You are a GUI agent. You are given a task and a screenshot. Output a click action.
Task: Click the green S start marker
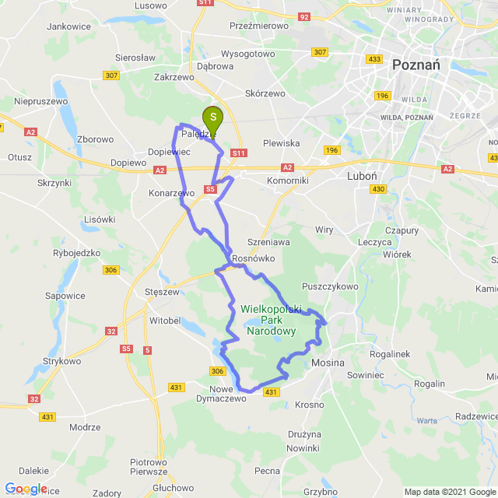(x=212, y=117)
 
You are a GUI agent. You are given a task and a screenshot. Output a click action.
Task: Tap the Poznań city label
(x=416, y=65)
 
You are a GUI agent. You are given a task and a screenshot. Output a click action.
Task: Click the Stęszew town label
(x=163, y=293)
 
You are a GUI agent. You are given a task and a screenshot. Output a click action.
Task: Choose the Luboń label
(x=362, y=176)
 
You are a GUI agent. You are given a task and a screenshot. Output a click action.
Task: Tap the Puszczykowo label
(x=331, y=286)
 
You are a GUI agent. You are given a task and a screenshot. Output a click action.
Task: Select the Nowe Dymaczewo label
(x=227, y=393)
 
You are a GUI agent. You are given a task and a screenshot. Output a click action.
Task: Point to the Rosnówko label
(x=251, y=259)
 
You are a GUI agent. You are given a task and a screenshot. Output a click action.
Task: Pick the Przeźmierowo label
(x=259, y=26)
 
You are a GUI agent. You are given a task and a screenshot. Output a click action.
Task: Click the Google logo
(x=26, y=489)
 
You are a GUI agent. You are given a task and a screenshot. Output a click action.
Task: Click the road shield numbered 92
(x=304, y=16)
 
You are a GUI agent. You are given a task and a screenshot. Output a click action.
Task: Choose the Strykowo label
(x=62, y=362)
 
